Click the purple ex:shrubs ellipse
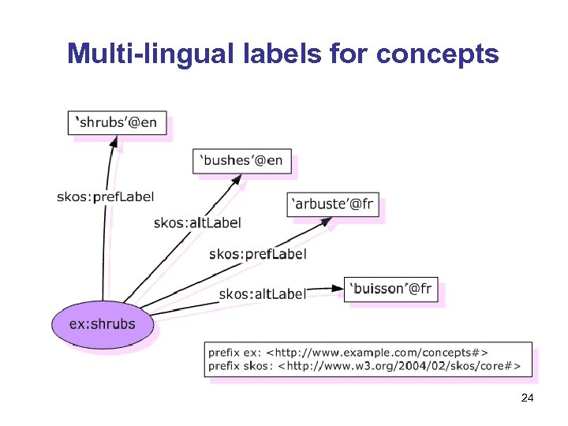(x=103, y=324)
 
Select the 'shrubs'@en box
(x=118, y=122)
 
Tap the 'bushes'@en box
(x=242, y=160)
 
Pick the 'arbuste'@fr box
(x=334, y=204)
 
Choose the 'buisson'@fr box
(x=391, y=290)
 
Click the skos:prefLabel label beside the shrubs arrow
(x=105, y=196)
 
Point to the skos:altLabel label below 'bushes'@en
(x=197, y=223)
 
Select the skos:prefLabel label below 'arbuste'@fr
(x=257, y=254)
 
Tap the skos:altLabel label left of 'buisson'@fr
(x=262, y=293)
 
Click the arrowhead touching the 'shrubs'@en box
(x=115, y=142)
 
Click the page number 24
(x=528, y=399)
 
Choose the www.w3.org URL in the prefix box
(x=401, y=365)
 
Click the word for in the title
(x=345, y=54)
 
